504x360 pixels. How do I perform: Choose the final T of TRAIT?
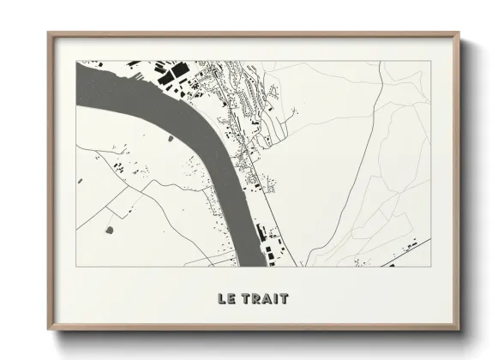tap(283, 299)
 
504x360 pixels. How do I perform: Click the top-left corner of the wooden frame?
tap(49, 33)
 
